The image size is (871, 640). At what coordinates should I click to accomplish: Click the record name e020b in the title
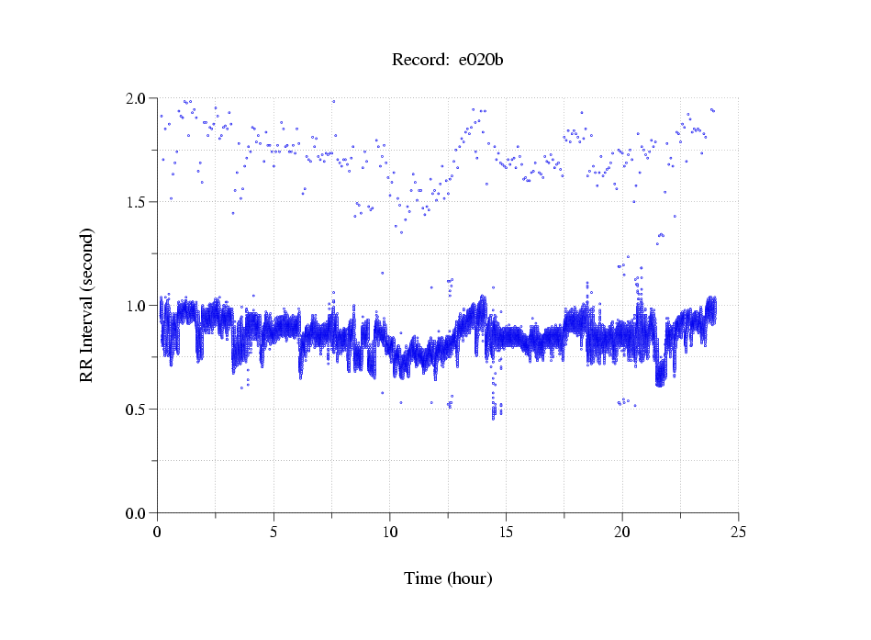(482, 61)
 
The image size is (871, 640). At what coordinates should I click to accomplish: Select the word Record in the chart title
(419, 61)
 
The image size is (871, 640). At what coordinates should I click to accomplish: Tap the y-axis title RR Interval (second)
(86, 305)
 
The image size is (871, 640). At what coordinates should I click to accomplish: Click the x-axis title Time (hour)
(448, 578)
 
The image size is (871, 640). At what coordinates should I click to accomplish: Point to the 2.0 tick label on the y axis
(136, 98)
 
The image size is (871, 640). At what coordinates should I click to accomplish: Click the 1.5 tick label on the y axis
(136, 202)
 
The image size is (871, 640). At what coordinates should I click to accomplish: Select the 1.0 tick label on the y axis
(136, 306)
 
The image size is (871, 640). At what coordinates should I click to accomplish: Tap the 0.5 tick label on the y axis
(136, 410)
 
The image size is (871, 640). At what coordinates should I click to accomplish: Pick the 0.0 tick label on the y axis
(136, 513)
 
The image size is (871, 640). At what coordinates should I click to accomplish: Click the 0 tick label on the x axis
(158, 531)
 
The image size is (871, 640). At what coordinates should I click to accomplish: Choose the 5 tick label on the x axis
(274, 531)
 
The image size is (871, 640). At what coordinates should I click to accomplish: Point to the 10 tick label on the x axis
(390, 531)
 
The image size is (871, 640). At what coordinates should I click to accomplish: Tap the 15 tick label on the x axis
(506, 531)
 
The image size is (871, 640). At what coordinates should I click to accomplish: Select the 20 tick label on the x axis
(622, 531)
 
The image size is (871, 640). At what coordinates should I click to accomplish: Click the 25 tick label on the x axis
(738, 531)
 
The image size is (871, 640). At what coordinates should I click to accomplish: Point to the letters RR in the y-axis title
(86, 369)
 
